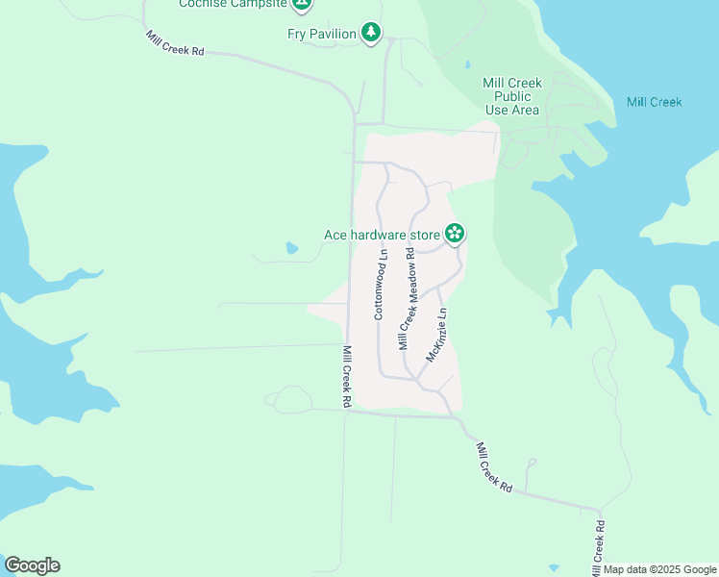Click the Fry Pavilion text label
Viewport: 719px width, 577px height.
(322, 34)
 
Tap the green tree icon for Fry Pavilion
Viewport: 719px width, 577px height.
(371, 34)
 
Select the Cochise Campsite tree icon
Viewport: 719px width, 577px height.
(302, 4)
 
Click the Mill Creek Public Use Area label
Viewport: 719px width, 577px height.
(513, 96)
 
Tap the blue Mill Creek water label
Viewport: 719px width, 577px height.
(654, 102)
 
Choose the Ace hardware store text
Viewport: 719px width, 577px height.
(381, 234)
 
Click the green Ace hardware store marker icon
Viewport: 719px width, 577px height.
(455, 233)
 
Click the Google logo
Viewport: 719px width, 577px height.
(32, 565)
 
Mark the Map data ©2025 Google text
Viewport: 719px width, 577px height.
(660, 569)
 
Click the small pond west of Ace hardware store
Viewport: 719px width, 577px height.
(292, 248)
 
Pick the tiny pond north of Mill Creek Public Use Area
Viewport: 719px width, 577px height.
(466, 65)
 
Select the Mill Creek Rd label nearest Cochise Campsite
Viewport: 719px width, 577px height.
(175, 43)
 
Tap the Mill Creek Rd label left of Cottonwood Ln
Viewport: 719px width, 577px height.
(348, 376)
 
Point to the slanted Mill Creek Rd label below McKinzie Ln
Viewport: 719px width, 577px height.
(494, 468)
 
